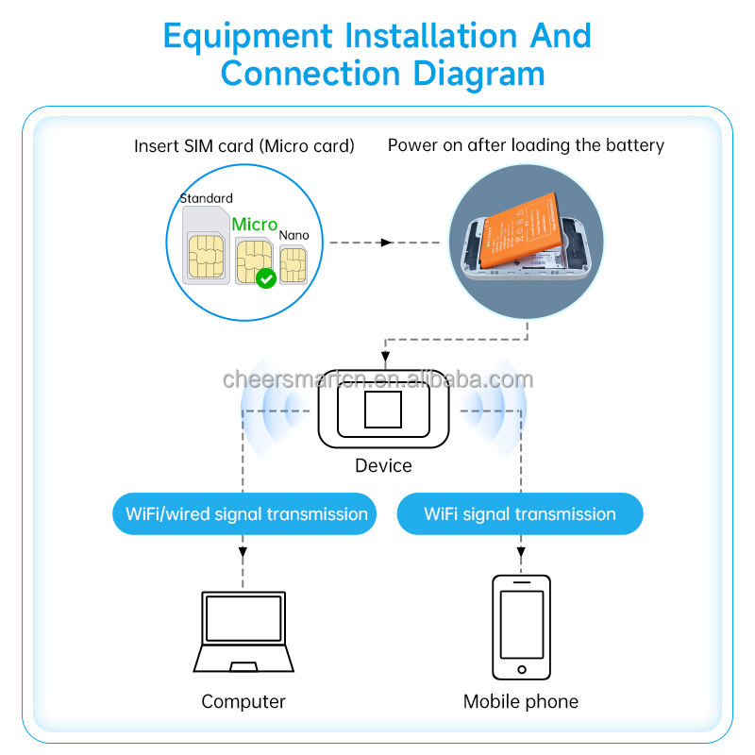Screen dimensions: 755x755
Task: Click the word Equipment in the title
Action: [x=248, y=36]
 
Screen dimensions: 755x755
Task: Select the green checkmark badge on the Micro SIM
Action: [x=266, y=278]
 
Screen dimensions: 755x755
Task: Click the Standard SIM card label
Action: [x=206, y=198]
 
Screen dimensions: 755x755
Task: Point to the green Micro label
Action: [x=254, y=225]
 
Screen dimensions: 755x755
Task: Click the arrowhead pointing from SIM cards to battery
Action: [x=386, y=243]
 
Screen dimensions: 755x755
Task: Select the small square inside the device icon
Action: [x=383, y=410]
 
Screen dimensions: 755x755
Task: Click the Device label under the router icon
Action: [x=383, y=465]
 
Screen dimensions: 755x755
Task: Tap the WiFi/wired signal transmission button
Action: [x=246, y=514]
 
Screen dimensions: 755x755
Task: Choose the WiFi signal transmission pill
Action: [x=520, y=514]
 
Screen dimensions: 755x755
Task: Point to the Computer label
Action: [x=243, y=701]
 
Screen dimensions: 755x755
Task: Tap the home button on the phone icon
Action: [x=521, y=669]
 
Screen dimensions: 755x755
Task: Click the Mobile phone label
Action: [x=520, y=701]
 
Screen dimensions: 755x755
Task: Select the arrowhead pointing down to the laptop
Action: [x=243, y=550]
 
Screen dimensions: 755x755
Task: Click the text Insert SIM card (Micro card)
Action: [x=244, y=146]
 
